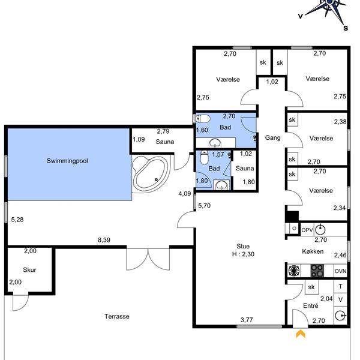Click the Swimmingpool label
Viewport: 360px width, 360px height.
pyautogui.click(x=67, y=161)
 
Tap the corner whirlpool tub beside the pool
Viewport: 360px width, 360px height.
pyautogui.click(x=151, y=174)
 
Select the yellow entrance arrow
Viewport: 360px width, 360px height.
pyautogui.click(x=301, y=334)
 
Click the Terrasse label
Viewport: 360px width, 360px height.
pyautogui.click(x=117, y=316)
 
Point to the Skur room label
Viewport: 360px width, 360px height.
pyautogui.click(x=29, y=270)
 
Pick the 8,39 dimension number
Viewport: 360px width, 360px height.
pyautogui.click(x=104, y=240)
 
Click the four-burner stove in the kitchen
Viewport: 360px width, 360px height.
pyautogui.click(x=317, y=271)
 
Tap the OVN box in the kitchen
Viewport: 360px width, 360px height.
pyautogui.click(x=340, y=271)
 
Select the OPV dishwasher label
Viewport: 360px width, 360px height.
pyautogui.click(x=307, y=230)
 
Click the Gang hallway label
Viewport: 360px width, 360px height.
pyautogui.click(x=273, y=137)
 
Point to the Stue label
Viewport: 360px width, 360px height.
pyautogui.click(x=243, y=246)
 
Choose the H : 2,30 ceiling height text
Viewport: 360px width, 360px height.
pyautogui.click(x=243, y=254)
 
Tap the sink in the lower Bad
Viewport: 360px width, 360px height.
pyautogui.click(x=221, y=185)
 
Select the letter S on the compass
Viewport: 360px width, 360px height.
pyautogui.click(x=346, y=28)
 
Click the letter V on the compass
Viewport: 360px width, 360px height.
pyautogui.click(x=301, y=16)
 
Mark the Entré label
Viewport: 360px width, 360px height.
pyautogui.click(x=311, y=305)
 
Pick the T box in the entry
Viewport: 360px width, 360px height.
pyautogui.click(x=340, y=286)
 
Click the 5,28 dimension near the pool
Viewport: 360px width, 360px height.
pyautogui.click(x=17, y=220)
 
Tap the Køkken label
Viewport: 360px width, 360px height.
pyautogui.click(x=313, y=251)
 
